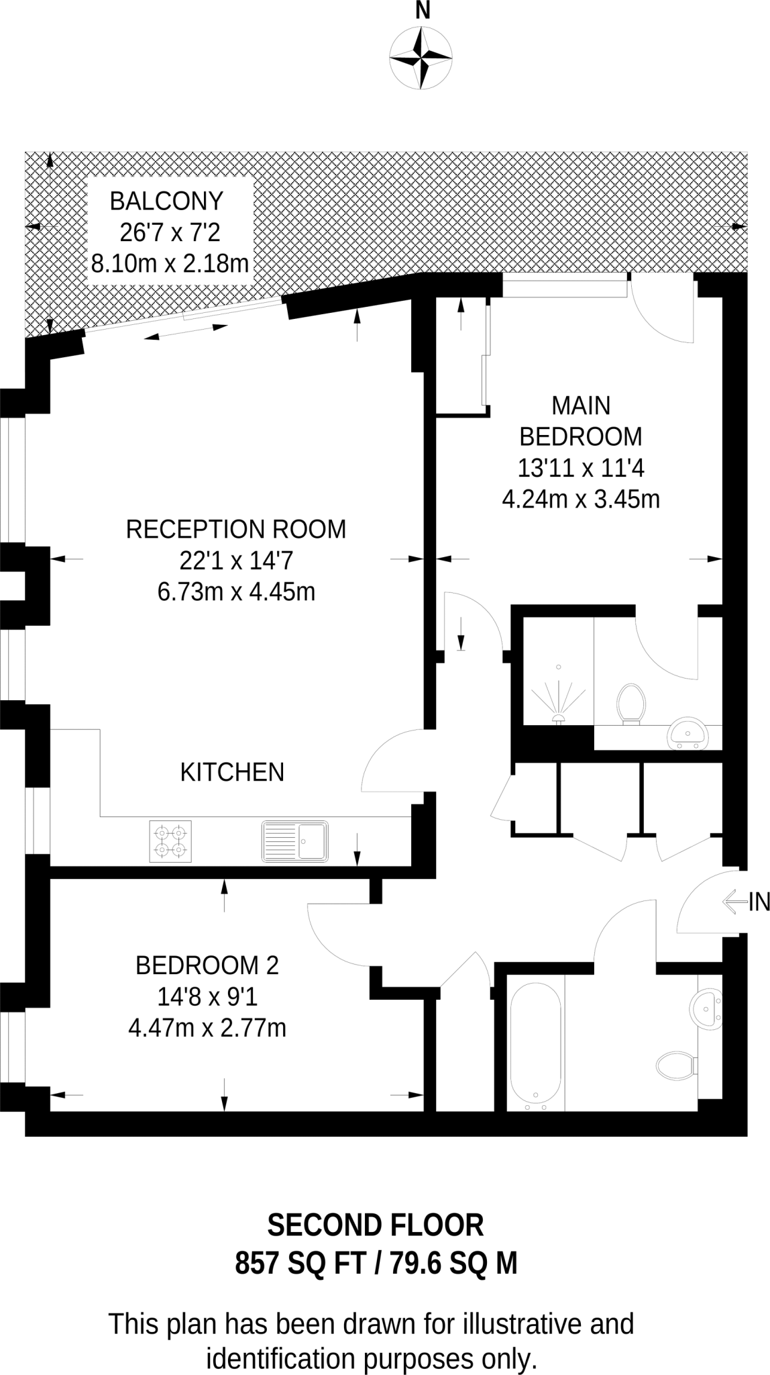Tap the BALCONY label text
point(166,201)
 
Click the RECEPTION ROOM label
point(236,530)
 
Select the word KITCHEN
point(232,773)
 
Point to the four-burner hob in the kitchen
point(170,841)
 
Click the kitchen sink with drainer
point(295,841)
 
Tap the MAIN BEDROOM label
point(581,421)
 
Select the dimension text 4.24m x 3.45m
point(581,500)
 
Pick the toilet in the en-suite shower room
point(630,704)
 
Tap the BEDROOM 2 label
point(207,965)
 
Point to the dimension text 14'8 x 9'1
point(207,998)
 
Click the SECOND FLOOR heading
point(376,1226)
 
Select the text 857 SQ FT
point(300,1265)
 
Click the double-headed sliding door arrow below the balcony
point(186,332)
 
